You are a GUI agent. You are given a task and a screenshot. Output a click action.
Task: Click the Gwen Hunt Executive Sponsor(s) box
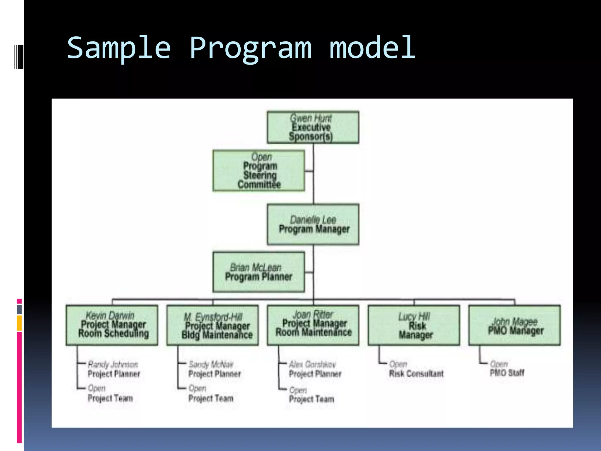point(313,127)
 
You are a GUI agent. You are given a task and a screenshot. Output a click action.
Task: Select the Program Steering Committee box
point(259,171)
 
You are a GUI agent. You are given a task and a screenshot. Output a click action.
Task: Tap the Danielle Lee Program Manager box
point(313,225)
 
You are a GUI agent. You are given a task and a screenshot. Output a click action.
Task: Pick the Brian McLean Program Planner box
point(259,272)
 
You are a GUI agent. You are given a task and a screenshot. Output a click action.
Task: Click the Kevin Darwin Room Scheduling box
point(112,325)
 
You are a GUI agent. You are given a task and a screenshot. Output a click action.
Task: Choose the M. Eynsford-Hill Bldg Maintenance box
point(212,325)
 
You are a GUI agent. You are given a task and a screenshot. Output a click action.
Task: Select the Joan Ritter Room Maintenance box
point(313,325)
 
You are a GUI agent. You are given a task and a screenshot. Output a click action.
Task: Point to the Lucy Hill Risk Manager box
point(414,325)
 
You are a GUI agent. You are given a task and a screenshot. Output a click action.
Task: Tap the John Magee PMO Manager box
point(514,325)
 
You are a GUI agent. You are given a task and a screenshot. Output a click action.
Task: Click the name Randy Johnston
point(113,364)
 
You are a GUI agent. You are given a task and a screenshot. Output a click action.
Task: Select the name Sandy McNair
point(211,364)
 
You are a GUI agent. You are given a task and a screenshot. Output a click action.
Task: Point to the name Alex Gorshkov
point(312,364)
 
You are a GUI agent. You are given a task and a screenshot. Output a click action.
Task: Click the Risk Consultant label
point(416,373)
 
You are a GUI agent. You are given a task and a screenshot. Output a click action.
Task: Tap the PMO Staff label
point(507,373)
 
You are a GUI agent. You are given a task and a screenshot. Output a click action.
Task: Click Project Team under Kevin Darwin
point(110,398)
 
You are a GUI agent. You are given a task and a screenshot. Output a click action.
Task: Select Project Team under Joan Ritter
point(312,399)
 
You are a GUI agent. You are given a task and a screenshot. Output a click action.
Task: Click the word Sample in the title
point(119,48)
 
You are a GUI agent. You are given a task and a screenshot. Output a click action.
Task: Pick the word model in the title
point(372,48)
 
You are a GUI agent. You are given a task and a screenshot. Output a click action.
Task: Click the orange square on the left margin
point(19,323)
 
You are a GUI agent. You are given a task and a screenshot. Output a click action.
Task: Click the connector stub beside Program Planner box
point(309,272)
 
